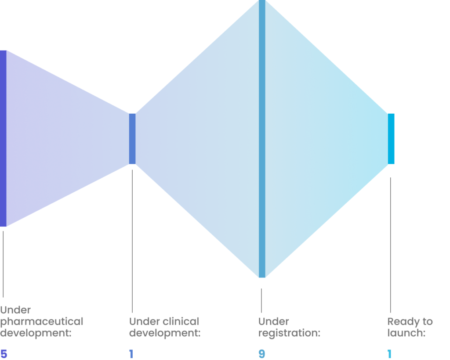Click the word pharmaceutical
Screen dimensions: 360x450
click(x=42, y=322)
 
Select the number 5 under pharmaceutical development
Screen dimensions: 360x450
click(x=4, y=354)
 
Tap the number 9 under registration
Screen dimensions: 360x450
click(x=262, y=354)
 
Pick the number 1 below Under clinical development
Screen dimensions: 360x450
click(x=131, y=354)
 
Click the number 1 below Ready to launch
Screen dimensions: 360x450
click(x=389, y=354)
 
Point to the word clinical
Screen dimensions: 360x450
click(x=181, y=322)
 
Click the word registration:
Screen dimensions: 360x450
click(x=289, y=333)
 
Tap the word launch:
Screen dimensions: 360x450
click(x=406, y=333)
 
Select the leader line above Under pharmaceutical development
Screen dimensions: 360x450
click(x=4, y=263)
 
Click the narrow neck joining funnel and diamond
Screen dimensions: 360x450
click(x=132, y=139)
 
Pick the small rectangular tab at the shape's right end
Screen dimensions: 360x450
click(x=391, y=139)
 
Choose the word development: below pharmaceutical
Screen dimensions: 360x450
click(x=36, y=333)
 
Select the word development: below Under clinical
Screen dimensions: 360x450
click(x=165, y=333)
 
